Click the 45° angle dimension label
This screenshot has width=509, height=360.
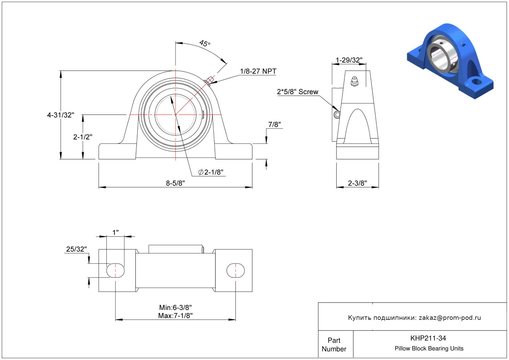[x=205, y=43]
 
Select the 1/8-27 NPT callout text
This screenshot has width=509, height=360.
[x=258, y=71]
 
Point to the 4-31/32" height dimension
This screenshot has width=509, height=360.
[x=61, y=115]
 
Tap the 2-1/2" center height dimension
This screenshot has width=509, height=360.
[x=83, y=137]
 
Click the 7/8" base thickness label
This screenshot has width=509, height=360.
[x=274, y=125]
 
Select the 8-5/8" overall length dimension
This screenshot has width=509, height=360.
[x=175, y=183]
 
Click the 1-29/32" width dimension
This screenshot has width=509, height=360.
[x=349, y=60]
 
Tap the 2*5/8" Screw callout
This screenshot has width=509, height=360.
[x=298, y=92]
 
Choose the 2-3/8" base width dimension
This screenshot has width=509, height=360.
[x=357, y=183]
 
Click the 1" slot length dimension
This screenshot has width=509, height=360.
[x=115, y=232]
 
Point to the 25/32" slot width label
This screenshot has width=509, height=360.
[x=76, y=249]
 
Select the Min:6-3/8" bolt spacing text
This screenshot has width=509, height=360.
[x=175, y=307]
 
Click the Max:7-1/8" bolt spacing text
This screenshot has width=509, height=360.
[x=175, y=316]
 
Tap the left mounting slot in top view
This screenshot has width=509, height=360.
[x=116, y=271]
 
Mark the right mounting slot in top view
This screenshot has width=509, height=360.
[x=235, y=271]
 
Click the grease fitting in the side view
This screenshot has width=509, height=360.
[x=354, y=81]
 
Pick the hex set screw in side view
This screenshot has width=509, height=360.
[x=337, y=115]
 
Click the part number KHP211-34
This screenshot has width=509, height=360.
[x=428, y=338]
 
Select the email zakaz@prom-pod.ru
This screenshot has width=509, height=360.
[x=450, y=318]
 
